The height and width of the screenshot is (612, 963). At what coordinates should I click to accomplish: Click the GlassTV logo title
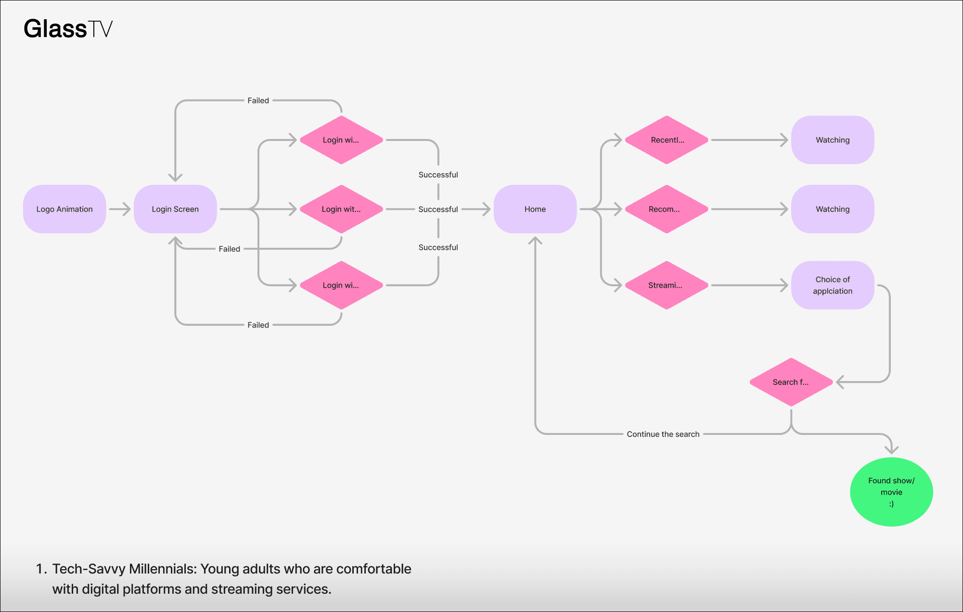point(68,29)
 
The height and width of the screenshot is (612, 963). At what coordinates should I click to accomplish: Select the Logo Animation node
point(64,209)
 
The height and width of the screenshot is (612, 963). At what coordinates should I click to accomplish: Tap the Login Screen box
point(175,209)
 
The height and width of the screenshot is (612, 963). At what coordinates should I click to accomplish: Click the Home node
point(535,209)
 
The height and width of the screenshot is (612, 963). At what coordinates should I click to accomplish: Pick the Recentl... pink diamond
point(667,140)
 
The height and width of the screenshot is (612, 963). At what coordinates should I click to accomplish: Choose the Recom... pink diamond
point(667,209)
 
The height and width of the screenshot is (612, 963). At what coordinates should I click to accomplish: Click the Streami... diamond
point(667,285)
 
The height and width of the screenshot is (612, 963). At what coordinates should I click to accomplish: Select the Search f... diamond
point(791,382)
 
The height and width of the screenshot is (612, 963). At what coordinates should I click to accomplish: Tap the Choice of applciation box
point(833,285)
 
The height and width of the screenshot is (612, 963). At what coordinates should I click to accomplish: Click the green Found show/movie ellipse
point(891,492)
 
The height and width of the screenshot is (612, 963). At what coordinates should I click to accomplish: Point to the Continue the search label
point(663,434)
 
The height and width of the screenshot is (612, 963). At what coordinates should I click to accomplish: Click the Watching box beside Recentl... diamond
point(833,140)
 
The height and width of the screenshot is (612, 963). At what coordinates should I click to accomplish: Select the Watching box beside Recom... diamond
point(833,209)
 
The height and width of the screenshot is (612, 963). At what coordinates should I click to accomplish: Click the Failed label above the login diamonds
point(258,101)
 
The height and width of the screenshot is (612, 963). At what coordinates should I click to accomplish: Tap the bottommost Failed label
point(258,325)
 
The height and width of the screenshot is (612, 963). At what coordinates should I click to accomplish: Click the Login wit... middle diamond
point(341,209)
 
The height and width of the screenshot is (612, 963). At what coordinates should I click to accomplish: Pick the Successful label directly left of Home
point(438,209)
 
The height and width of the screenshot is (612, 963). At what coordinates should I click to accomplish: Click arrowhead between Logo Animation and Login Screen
point(126,209)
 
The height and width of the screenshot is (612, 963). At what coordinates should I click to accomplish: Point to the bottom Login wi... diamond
point(341,285)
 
